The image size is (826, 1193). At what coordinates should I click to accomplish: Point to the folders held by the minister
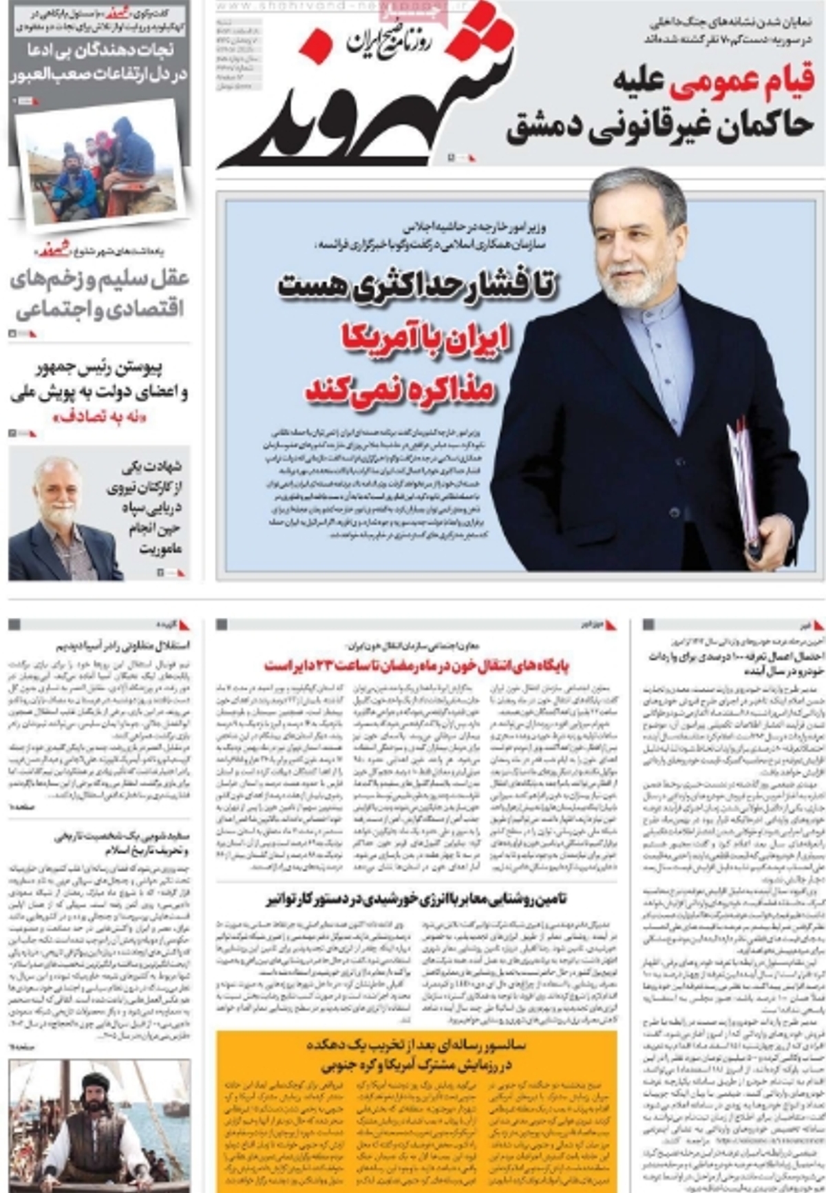[x=743, y=482]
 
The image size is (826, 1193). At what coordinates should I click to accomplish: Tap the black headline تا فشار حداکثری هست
[x=416, y=284]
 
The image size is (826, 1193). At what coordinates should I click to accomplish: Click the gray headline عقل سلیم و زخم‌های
[x=100, y=279]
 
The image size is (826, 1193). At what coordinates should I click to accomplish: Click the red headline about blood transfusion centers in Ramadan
[x=416, y=666]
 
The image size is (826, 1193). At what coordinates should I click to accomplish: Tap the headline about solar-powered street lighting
[x=416, y=899]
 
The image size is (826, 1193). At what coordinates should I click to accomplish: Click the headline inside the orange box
[x=416, y=1055]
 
